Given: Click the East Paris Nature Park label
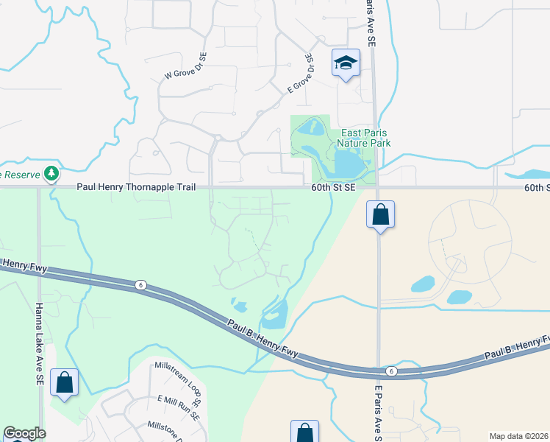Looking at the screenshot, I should [x=364, y=138].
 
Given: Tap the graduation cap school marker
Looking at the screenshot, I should [x=344, y=63].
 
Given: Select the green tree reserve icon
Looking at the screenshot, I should [x=51, y=174].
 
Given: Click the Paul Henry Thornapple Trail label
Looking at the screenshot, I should [x=136, y=188].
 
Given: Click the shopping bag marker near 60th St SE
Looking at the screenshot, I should [x=380, y=215].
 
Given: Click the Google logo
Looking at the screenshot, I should [x=24, y=433].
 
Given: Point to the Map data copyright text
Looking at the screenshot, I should [x=519, y=436].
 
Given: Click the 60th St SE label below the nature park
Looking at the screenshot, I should [x=332, y=188].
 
